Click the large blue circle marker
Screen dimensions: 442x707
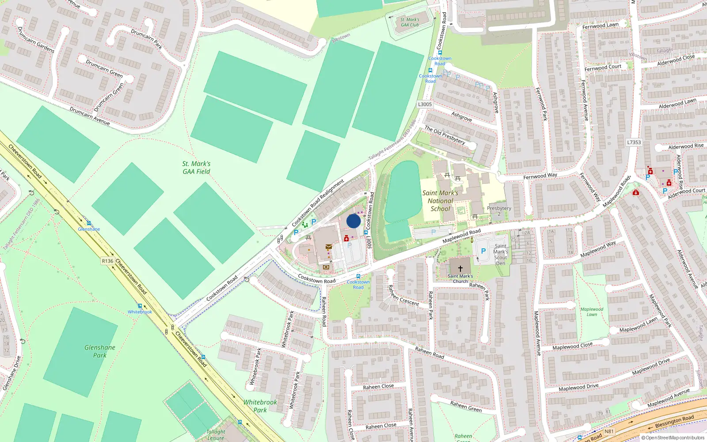(353, 221)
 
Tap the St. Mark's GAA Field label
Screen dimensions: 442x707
(196, 168)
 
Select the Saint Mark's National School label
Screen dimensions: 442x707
(440, 201)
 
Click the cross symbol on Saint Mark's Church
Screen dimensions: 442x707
(460, 268)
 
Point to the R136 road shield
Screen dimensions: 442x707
(107, 261)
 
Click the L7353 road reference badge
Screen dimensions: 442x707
(634, 142)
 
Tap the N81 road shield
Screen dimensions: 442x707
(609, 431)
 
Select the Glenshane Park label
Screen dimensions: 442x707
(100, 351)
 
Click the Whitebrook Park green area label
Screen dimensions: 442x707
(260, 406)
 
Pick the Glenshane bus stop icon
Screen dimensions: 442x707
(89, 223)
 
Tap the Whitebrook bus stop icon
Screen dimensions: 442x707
(140, 306)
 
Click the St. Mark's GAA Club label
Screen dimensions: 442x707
(410, 22)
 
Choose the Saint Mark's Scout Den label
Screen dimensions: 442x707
(501, 255)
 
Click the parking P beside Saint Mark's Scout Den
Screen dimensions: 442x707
(483, 251)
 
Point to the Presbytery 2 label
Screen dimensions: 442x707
(499, 211)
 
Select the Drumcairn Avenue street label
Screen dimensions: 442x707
(90, 116)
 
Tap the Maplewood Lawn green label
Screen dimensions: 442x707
(592, 312)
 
